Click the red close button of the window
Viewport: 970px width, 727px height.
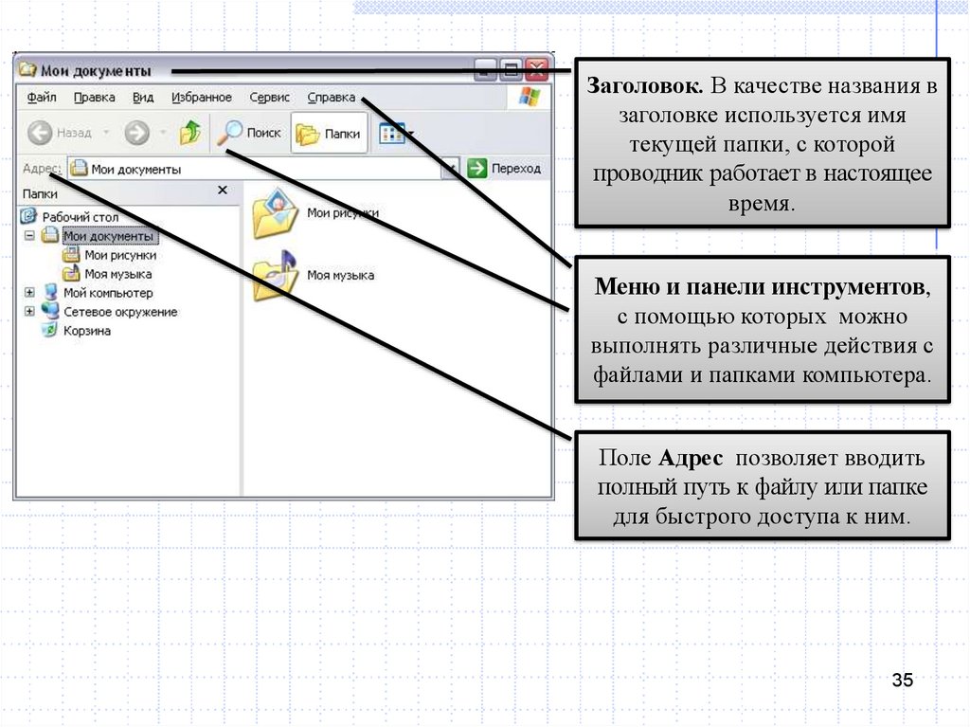(x=537, y=69)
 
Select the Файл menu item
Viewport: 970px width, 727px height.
(x=42, y=97)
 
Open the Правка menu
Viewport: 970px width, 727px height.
(x=94, y=97)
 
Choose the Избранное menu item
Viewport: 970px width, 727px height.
(x=202, y=97)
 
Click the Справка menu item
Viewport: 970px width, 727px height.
(x=332, y=97)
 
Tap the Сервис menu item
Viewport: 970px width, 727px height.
(x=269, y=97)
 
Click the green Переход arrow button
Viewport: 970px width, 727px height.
(x=477, y=169)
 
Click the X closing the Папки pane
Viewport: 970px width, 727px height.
(x=223, y=191)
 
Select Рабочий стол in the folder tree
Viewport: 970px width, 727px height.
(x=81, y=217)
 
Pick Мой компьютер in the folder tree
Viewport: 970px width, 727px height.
(x=107, y=293)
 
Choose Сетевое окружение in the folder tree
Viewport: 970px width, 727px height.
(x=119, y=312)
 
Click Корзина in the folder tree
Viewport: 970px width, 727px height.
(x=86, y=331)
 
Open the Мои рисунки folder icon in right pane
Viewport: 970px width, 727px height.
(x=275, y=215)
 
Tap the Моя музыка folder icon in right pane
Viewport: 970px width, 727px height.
(x=275, y=276)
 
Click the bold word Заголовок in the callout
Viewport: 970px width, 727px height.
(x=644, y=88)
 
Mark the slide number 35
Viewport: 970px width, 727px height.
(x=902, y=681)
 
